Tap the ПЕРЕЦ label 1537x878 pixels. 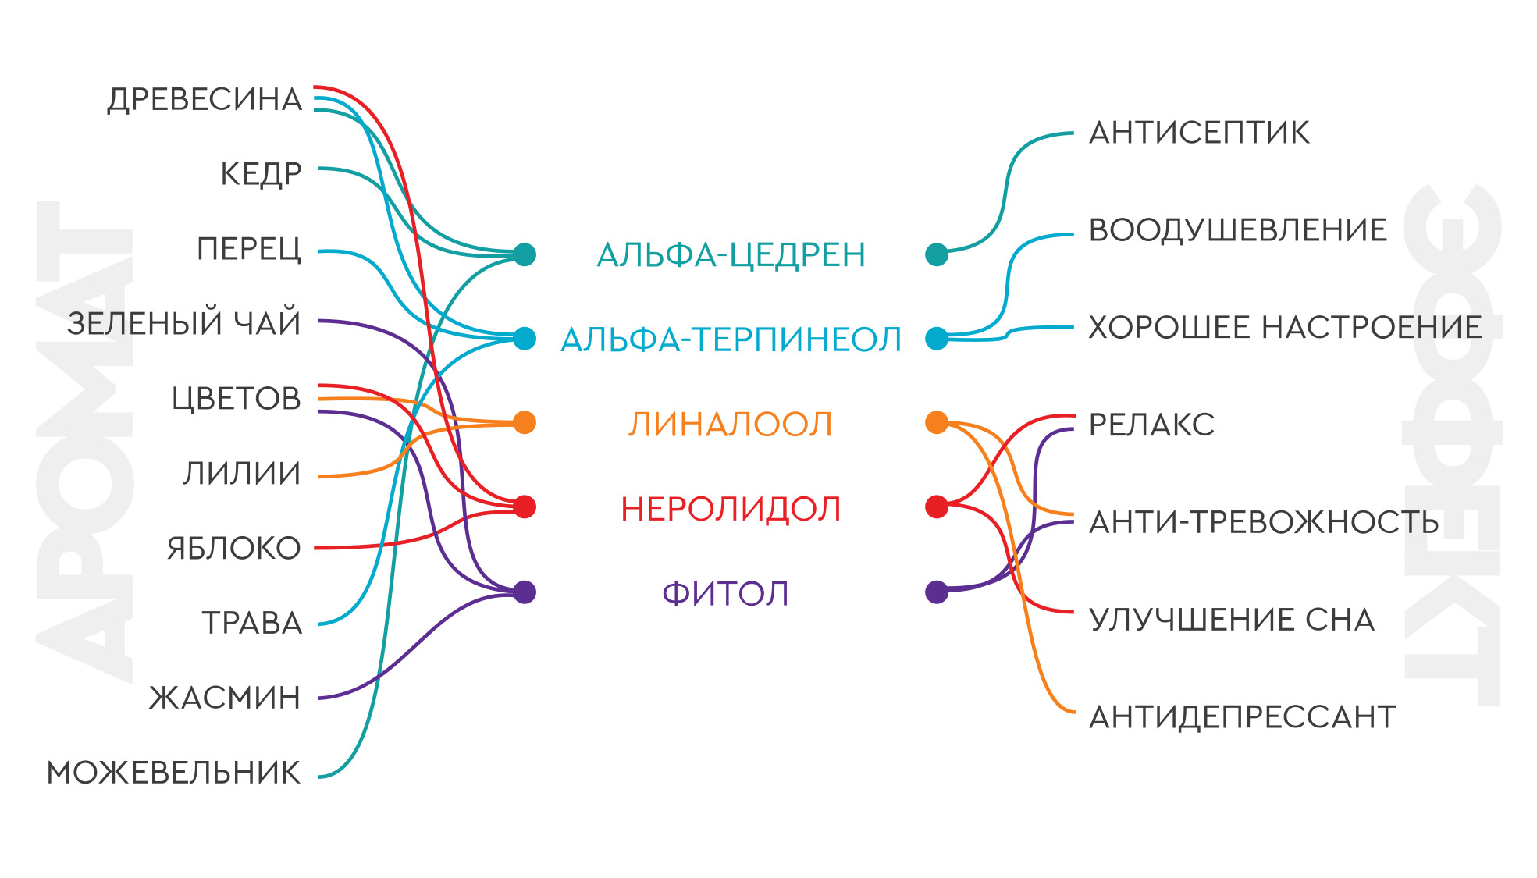249,250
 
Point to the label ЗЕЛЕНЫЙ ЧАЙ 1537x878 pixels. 184,322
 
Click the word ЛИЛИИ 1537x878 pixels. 242,474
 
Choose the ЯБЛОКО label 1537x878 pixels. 234,549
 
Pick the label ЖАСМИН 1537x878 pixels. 225,698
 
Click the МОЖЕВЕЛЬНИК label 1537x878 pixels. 173,773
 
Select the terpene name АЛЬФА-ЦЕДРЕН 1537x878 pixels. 731,255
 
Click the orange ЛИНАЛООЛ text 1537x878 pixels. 731,424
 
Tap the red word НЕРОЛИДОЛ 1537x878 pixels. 731,509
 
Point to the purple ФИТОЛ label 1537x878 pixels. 725,593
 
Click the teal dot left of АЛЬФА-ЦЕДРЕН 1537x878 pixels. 525,254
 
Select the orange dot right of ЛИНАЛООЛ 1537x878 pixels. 937,422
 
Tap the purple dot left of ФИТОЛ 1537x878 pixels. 525,592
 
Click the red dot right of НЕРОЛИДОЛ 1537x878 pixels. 937,507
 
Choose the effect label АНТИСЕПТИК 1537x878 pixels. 1199,133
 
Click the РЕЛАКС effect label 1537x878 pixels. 1151,425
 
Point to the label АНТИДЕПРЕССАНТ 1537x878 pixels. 1242,716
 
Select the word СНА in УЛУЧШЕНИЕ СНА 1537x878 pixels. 1340,620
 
